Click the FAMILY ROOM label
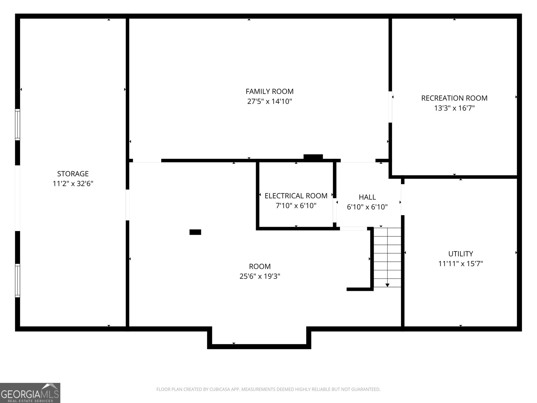[x=270, y=91]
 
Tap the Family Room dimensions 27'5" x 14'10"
[x=270, y=101]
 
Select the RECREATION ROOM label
[x=454, y=98]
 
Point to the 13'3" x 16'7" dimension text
[x=454, y=108]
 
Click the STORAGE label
[x=73, y=174]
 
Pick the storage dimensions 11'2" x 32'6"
[x=73, y=184]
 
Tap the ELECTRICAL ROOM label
[x=296, y=196]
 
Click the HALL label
[x=367, y=197]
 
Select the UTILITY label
[x=460, y=254]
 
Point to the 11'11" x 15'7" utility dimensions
[x=460, y=264]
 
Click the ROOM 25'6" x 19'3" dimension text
[x=260, y=276]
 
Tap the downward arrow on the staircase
[x=387, y=285]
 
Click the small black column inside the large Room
[x=195, y=232]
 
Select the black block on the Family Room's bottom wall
[x=313, y=157]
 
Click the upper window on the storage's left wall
[x=17, y=124]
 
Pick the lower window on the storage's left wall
[x=17, y=280]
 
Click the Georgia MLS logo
[x=30, y=393]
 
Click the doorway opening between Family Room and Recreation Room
[x=390, y=107]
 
